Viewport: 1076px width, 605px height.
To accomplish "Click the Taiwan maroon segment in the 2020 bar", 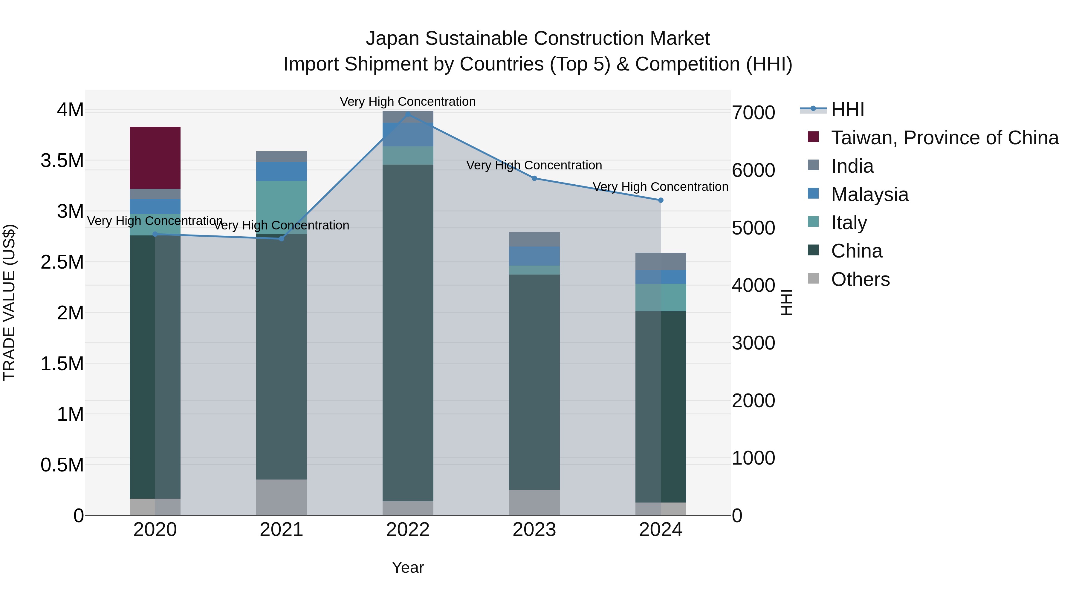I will tap(155, 157).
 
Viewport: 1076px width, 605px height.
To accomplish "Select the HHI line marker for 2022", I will tap(408, 114).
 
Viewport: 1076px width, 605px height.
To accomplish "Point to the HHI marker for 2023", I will tap(534, 178).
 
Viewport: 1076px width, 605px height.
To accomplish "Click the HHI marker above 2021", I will tap(282, 239).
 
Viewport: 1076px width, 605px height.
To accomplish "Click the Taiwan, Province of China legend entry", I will tap(944, 138).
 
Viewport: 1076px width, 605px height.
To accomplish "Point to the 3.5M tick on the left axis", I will tap(62, 161).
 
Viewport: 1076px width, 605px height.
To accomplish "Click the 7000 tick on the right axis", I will tap(753, 113).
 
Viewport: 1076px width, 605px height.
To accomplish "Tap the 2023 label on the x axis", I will tap(534, 530).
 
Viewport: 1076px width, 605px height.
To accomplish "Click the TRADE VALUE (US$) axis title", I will tap(10, 302).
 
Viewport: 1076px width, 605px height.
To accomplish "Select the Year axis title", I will tap(408, 567).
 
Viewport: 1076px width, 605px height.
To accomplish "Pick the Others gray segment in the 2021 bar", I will tap(282, 497).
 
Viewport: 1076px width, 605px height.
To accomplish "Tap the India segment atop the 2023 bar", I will tap(534, 239).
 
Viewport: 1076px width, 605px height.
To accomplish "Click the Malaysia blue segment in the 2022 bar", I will tap(408, 134).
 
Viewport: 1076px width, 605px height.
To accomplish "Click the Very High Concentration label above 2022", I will tap(408, 102).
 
